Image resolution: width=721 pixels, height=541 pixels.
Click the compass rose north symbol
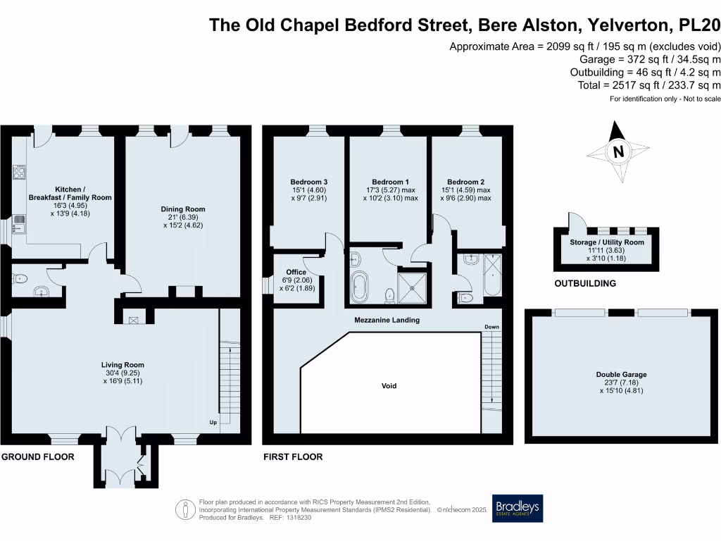point(618,151)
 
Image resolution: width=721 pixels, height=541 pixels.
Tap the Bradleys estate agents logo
point(518,508)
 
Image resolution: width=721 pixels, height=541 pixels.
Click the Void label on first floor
point(389,385)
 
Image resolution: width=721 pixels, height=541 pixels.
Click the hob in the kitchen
point(19,173)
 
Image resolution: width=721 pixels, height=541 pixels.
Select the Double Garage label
point(621,375)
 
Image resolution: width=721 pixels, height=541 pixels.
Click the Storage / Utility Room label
point(607,242)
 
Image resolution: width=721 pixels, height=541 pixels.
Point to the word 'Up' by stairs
point(214,423)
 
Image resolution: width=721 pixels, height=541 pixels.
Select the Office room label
point(296,272)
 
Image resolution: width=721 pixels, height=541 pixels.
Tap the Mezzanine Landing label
point(387,320)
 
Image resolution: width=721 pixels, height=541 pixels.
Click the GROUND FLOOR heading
point(37,456)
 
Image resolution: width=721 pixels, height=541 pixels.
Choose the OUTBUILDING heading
point(584,283)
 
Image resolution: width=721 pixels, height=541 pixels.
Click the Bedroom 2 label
point(466,181)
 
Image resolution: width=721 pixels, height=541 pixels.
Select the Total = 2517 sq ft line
point(645,85)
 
